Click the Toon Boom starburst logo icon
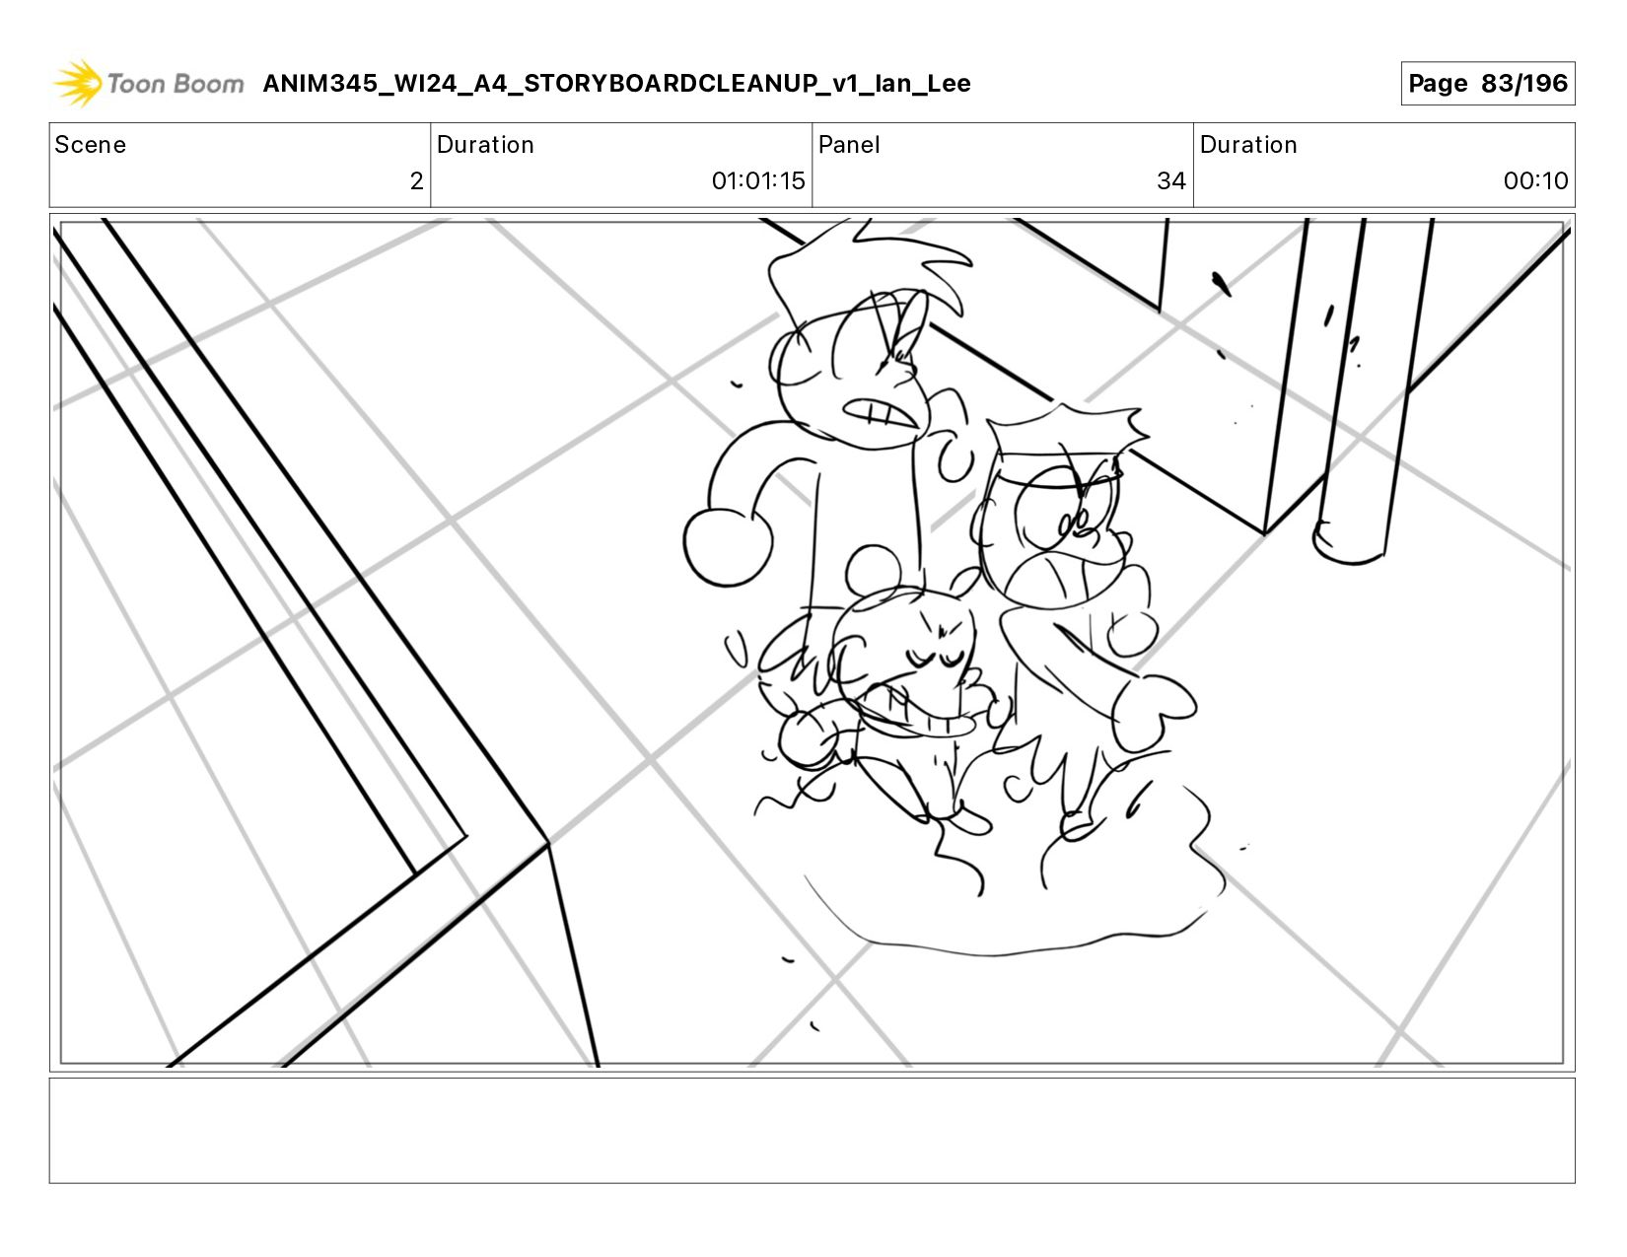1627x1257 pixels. click(78, 83)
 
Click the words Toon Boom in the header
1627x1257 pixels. click(176, 83)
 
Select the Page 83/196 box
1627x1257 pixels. click(1487, 83)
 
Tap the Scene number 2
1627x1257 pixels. click(416, 180)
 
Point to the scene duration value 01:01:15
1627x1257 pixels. click(757, 180)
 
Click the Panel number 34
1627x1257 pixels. click(1171, 180)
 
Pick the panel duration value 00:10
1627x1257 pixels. click(1535, 180)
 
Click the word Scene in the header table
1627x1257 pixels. click(90, 145)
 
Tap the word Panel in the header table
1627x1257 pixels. click(848, 145)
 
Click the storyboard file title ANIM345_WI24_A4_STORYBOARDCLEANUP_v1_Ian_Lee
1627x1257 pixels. click(616, 83)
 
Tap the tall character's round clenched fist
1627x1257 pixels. click(727, 546)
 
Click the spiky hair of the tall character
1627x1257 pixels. click(869, 269)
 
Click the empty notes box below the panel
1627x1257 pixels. click(813, 1131)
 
